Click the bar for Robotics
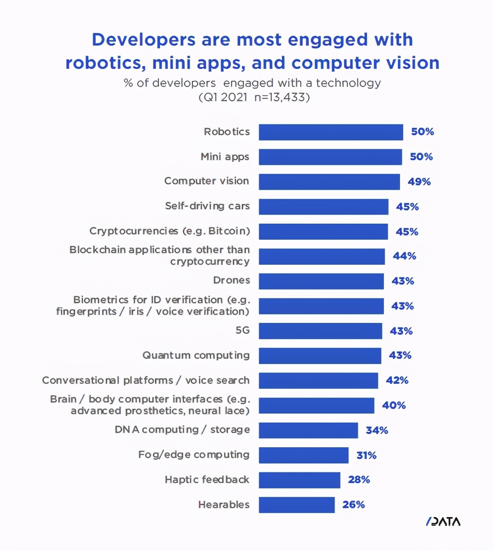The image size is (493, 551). coord(331,132)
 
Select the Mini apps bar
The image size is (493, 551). coord(330,157)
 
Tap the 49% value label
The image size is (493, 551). coord(419,182)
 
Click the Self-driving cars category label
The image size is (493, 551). coord(207,206)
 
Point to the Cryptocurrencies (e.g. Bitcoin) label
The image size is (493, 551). coord(170,231)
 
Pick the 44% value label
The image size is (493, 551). coord(404,256)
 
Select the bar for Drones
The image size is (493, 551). coord(321,281)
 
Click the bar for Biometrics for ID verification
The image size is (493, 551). coord(321,306)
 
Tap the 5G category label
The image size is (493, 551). coord(242,331)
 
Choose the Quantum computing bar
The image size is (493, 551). coord(320,356)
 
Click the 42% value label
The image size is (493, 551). coord(397,381)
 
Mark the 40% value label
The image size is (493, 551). coord(394,406)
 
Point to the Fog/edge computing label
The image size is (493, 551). coord(194,455)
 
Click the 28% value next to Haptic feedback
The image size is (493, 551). coord(359,480)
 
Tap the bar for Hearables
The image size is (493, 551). coord(297,505)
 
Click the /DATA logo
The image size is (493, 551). coord(443,521)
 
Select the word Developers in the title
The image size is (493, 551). coord(144,40)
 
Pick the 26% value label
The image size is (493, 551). coord(353,505)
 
